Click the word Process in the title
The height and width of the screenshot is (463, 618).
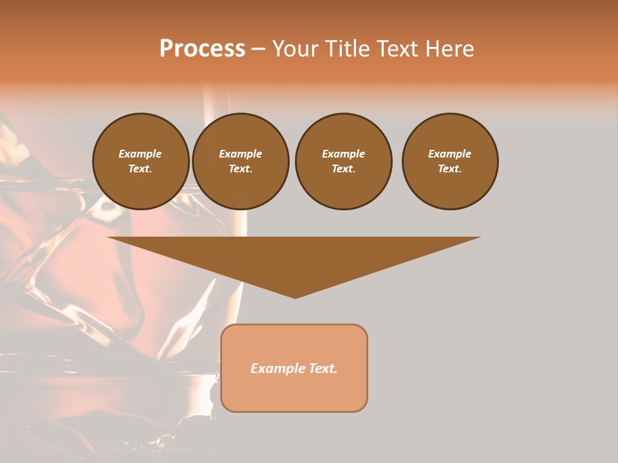(202, 49)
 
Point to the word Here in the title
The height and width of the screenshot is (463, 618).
(451, 49)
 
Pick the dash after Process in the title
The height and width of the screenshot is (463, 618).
(259, 50)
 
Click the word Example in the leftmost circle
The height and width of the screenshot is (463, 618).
(140, 154)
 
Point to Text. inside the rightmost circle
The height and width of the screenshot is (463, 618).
(450, 168)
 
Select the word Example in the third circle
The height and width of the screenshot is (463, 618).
(343, 154)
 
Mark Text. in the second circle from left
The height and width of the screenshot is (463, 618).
(240, 168)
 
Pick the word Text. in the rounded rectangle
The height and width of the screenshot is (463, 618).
(322, 368)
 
